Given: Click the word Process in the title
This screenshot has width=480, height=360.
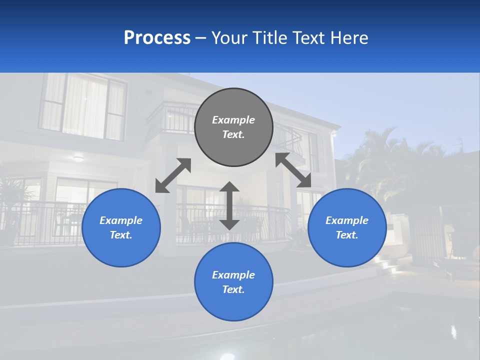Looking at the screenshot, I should [x=157, y=38].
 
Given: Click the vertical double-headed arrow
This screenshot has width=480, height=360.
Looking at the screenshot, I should [x=229, y=205].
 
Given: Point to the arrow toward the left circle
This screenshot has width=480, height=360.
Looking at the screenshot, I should [x=173, y=175].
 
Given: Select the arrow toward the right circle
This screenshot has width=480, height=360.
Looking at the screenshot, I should [x=293, y=170].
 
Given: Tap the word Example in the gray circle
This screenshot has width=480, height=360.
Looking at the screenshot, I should [x=233, y=120].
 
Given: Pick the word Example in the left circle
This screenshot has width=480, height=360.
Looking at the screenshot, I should [x=121, y=220].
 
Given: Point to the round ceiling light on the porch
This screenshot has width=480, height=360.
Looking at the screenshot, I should [x=78, y=159].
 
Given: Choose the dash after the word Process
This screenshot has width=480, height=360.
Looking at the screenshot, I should [x=201, y=38].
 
